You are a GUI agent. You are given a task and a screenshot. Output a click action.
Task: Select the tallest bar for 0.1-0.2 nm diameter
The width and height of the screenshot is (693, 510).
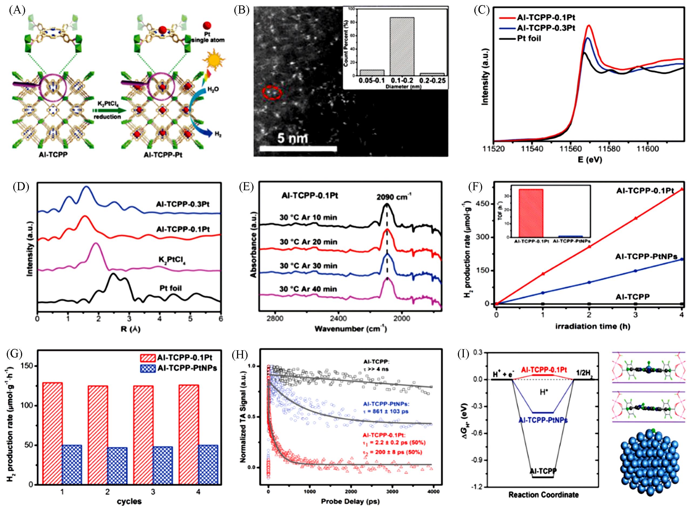401,46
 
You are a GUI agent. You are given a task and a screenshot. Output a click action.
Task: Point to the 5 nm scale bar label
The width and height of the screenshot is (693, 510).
292,138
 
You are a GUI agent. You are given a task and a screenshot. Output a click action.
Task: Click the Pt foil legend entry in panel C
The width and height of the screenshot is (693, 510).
529,39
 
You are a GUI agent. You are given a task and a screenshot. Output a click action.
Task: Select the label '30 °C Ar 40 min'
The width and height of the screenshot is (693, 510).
308,289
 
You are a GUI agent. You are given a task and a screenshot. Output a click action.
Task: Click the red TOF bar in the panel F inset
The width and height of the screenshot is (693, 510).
531,213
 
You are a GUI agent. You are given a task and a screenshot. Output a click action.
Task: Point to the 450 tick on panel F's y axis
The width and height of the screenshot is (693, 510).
485,204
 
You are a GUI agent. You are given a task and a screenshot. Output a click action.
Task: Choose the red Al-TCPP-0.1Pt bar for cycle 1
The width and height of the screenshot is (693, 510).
52,433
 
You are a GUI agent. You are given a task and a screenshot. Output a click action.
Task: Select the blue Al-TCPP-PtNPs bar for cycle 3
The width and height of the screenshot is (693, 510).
163,465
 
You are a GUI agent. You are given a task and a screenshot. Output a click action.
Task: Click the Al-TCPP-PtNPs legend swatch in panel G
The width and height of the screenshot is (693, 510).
148,368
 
